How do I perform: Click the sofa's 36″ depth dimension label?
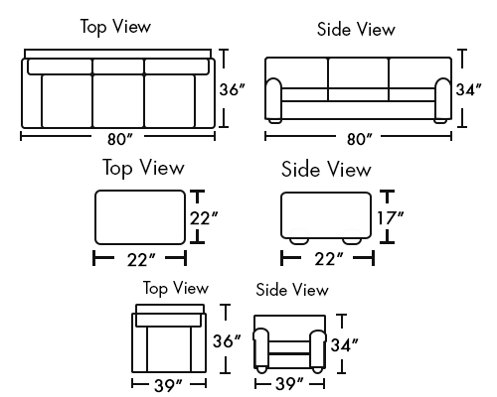[x=232, y=89]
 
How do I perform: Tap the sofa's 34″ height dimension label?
[x=468, y=89]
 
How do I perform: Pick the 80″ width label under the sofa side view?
[x=360, y=139]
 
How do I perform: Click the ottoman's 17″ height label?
[x=391, y=218]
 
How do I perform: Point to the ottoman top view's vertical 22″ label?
[x=204, y=218]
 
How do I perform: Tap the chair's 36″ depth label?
[x=227, y=341]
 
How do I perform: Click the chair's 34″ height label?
[x=345, y=345]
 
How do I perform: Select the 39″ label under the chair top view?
[x=168, y=385]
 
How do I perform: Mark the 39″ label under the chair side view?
[x=289, y=384]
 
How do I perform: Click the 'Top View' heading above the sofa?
[x=115, y=27]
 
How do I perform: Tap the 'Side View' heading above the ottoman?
[x=326, y=169]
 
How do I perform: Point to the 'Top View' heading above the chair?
[x=176, y=288]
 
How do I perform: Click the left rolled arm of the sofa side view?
[x=273, y=98]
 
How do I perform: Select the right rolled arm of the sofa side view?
[x=443, y=98]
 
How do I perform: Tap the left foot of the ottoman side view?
[x=299, y=241]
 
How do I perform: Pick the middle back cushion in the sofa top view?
[x=118, y=66]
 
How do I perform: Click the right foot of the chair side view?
[x=317, y=370]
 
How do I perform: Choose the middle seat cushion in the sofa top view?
[x=118, y=101]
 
